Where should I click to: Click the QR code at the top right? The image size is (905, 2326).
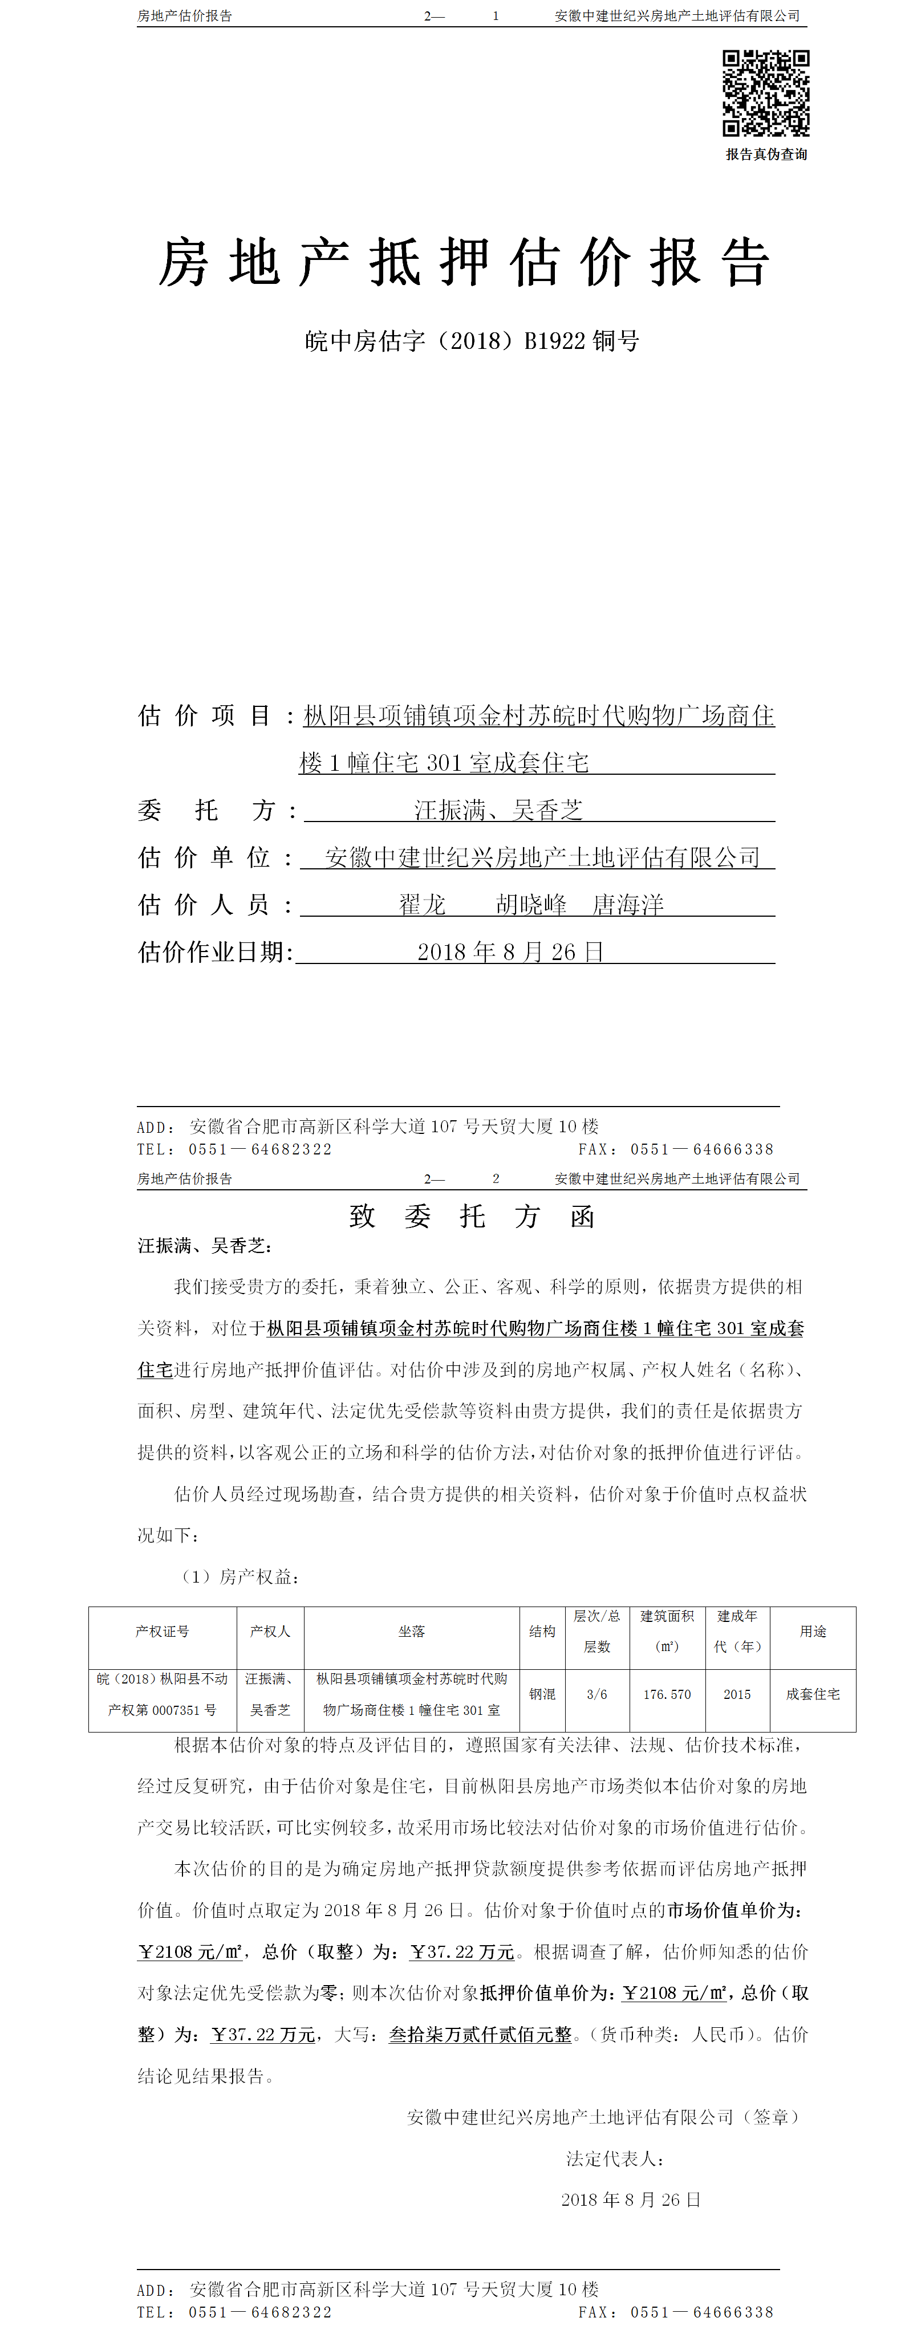click(765, 93)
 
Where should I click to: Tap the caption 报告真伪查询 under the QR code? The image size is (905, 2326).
click(766, 154)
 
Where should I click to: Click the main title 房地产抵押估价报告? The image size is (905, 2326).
click(464, 263)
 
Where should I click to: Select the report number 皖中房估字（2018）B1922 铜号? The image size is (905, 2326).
click(472, 341)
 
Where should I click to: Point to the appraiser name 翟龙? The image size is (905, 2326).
click(423, 905)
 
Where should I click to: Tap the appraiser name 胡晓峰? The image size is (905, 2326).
click(531, 905)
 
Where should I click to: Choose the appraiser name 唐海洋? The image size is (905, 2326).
click(628, 905)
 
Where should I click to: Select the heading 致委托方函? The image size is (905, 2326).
click(472, 1216)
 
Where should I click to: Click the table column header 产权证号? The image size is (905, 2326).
click(163, 1630)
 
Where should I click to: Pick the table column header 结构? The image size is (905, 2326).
click(542, 1630)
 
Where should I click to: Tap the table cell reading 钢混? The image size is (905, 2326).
click(542, 1694)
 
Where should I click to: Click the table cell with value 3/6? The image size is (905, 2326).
click(597, 1694)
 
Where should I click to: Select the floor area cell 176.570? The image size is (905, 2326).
click(667, 1694)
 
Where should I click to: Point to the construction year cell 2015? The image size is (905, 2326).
click(737, 1694)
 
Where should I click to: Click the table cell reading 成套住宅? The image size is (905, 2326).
click(813, 1694)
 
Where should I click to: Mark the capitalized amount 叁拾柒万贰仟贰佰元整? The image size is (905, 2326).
click(481, 2034)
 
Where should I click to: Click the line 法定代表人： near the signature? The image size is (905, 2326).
click(616, 2159)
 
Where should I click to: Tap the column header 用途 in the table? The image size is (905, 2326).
click(813, 1630)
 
